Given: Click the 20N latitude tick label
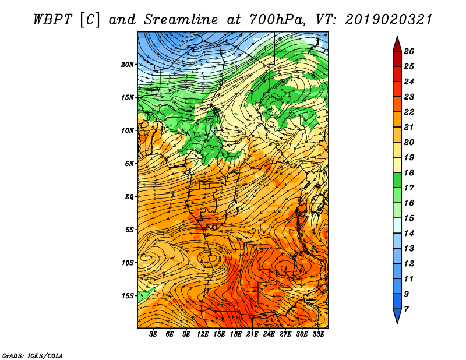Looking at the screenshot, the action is point(128,65).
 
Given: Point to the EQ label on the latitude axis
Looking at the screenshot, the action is point(129,197).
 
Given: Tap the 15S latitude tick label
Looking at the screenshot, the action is point(128,296).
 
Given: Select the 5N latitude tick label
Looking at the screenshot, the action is point(129,164).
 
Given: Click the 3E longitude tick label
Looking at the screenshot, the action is point(153,334).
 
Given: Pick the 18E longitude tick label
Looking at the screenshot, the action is point(236,334).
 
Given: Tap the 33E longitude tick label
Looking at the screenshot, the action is point(318,334).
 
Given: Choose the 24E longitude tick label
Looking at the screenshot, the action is point(269,334).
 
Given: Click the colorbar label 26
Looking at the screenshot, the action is point(409,51).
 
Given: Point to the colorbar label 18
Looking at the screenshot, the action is point(409,172).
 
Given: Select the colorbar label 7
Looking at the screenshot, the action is point(406,309).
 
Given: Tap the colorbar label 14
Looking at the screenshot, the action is point(409,234).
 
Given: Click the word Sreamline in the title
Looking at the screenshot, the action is point(181,20).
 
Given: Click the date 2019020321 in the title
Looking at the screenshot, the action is point(389,20).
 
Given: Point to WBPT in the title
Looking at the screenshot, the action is point(52,20).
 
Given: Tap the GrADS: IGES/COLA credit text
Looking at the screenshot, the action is point(33,356).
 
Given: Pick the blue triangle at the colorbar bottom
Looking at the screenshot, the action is point(397,315).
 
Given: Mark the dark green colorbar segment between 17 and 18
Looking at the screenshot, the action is point(397,180).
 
